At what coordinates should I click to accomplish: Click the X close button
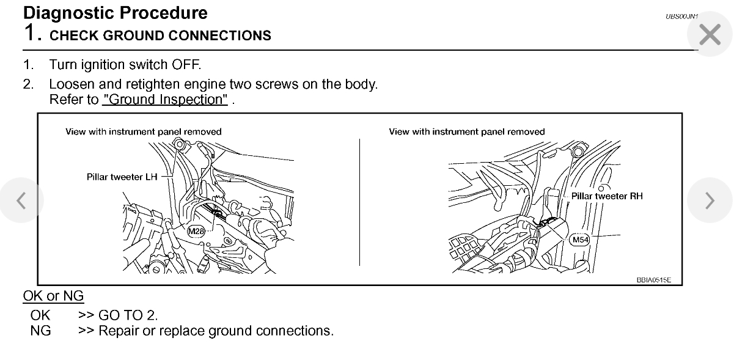coord(710,34)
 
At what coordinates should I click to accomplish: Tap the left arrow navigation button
coord(21,200)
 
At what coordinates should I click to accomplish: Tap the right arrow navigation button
coord(710,200)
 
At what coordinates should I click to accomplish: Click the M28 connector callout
coord(196,231)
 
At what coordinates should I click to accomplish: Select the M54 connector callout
coord(580,240)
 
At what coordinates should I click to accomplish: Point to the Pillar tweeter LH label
coord(122,177)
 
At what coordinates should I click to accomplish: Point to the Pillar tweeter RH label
coord(607,196)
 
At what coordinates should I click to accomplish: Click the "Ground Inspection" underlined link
coord(165,100)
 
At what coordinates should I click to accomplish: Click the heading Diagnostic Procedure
coord(116,13)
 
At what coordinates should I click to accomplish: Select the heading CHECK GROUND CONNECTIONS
coord(160,35)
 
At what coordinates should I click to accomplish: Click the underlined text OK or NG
coord(53,296)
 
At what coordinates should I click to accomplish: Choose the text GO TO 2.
coord(128,315)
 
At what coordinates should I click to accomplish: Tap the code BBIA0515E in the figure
coord(653,280)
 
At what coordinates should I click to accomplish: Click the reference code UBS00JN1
coord(681,17)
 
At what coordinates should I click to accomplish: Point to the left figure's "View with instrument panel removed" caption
coord(144,131)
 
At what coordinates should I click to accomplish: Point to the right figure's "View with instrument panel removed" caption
coord(466,131)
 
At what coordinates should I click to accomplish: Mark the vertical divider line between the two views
coord(359,202)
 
